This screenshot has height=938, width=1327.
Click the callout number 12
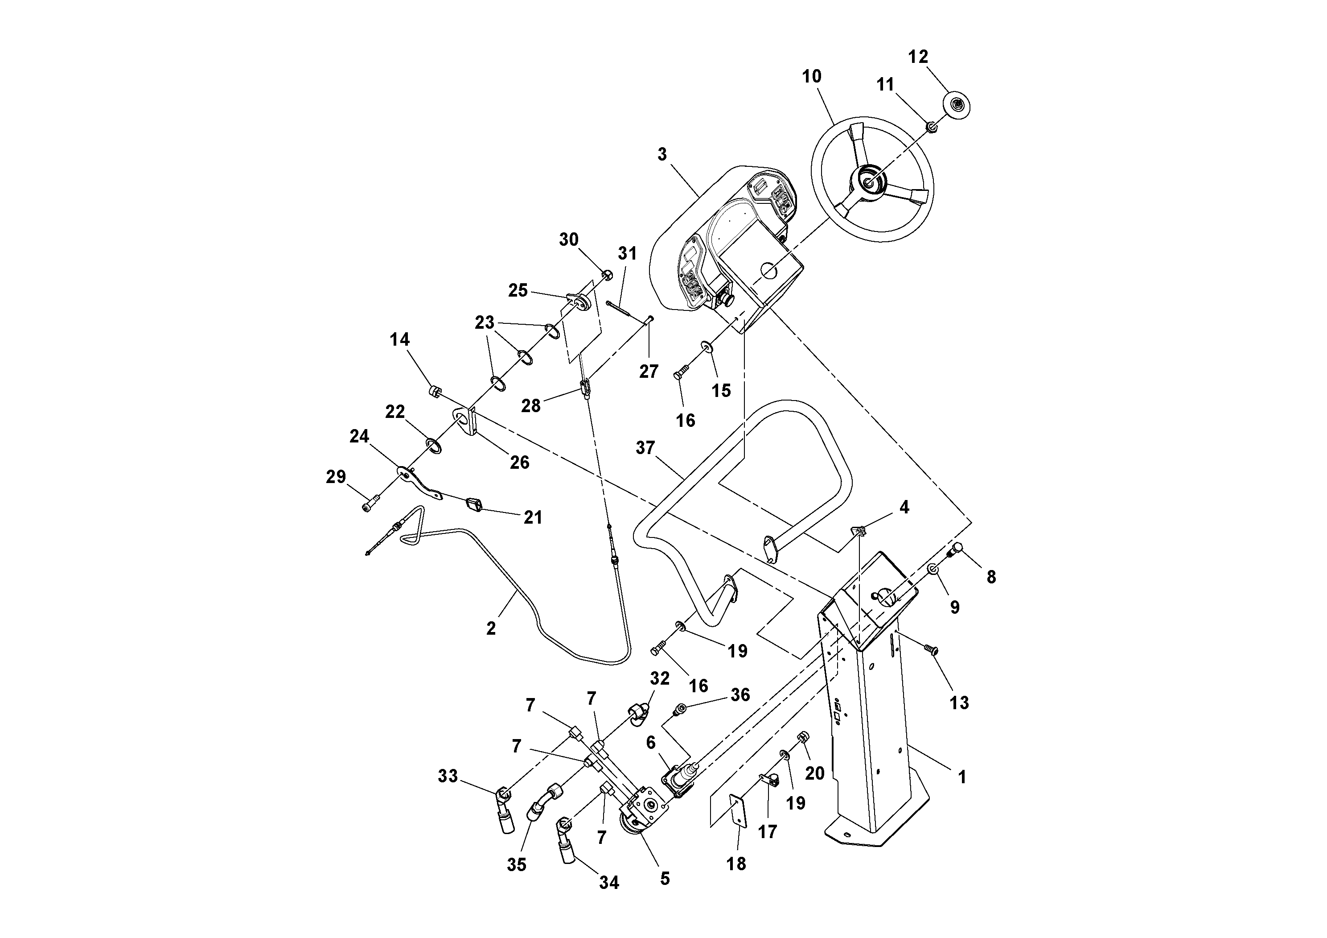point(918,57)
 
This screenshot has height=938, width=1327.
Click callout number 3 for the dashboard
point(662,154)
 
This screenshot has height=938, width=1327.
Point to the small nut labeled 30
point(607,275)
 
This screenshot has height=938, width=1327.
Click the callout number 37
point(645,448)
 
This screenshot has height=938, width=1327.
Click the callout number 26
point(519,462)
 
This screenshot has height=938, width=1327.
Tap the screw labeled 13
point(931,650)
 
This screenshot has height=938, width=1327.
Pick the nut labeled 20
point(802,738)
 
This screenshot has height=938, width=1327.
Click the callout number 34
point(608,883)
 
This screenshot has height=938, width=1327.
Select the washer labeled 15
point(706,347)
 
